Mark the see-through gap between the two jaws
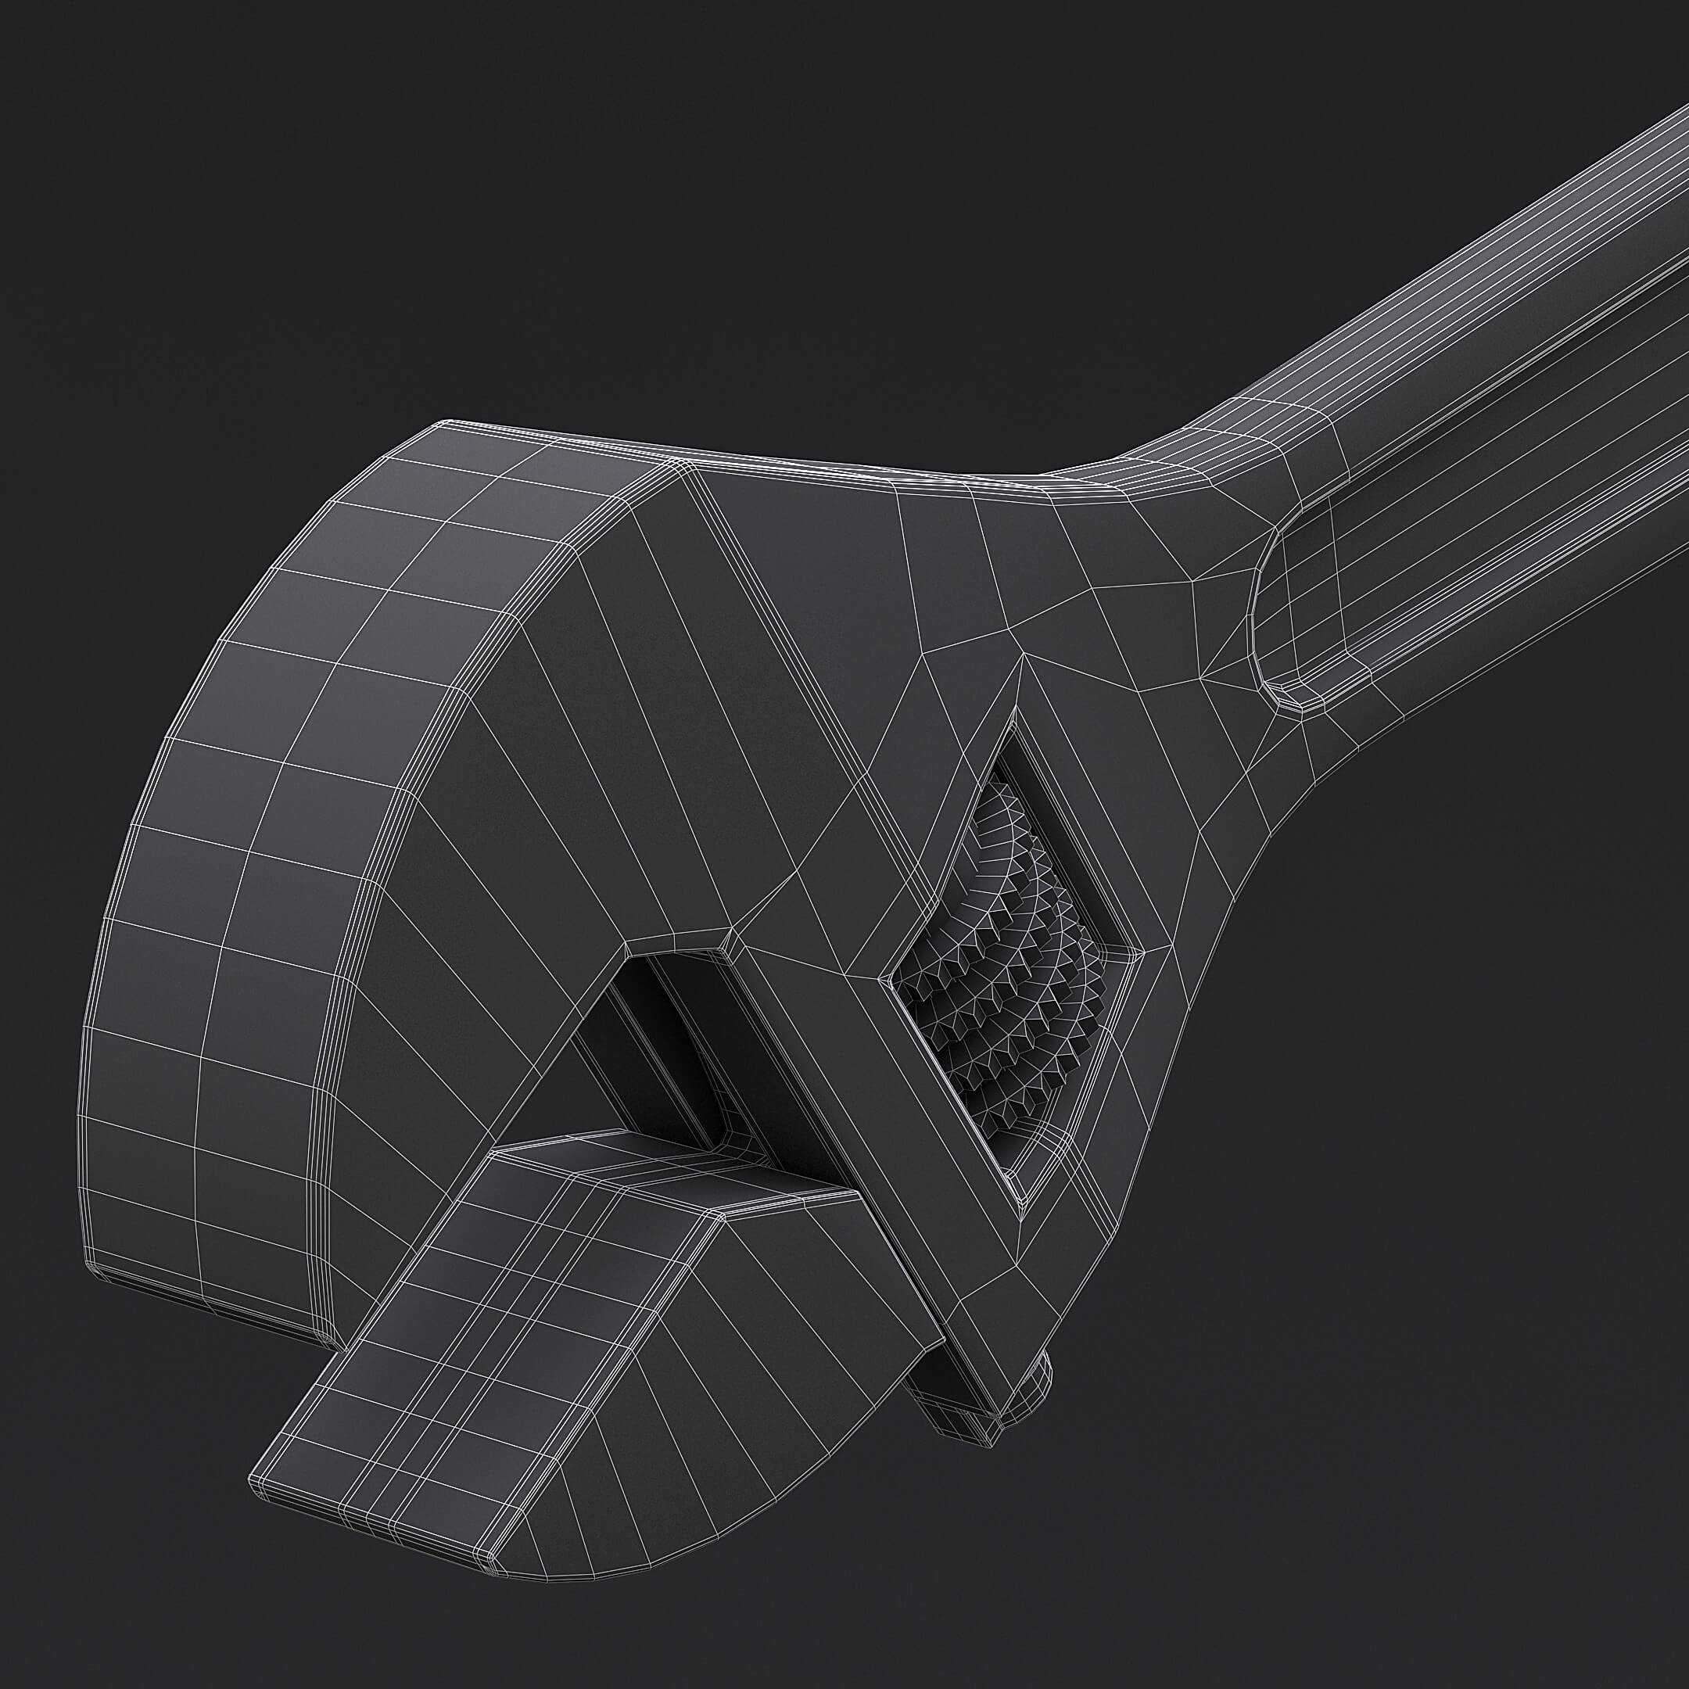tap(560, 1093)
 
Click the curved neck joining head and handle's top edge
tap(1136, 464)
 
